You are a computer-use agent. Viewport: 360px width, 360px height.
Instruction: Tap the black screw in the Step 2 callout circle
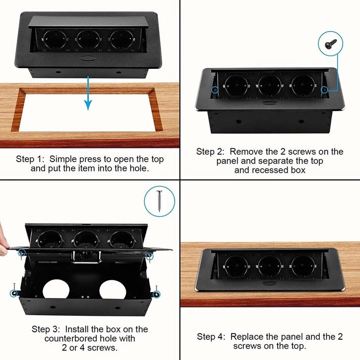pos(331,44)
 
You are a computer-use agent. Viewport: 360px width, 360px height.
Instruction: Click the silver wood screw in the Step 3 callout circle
pos(159,201)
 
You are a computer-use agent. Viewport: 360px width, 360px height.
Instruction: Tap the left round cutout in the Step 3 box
pos(56,290)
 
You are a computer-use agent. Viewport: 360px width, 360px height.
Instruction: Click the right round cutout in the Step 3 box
pos(113,290)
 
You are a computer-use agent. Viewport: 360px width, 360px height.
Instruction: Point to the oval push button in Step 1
pos(88,58)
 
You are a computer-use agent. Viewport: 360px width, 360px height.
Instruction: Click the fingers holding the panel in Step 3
pos(3,241)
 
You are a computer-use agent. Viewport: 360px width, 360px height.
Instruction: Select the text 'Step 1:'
pos(25,159)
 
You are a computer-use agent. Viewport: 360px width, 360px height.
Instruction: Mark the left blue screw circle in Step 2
pos(215,90)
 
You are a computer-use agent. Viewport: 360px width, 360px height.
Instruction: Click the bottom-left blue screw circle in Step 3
pos(14,294)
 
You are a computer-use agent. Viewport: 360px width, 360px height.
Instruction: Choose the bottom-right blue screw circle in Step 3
pos(157,294)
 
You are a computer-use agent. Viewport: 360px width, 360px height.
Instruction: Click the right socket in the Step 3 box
pos(122,240)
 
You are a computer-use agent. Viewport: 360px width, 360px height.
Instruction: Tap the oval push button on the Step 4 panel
pos(270,283)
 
